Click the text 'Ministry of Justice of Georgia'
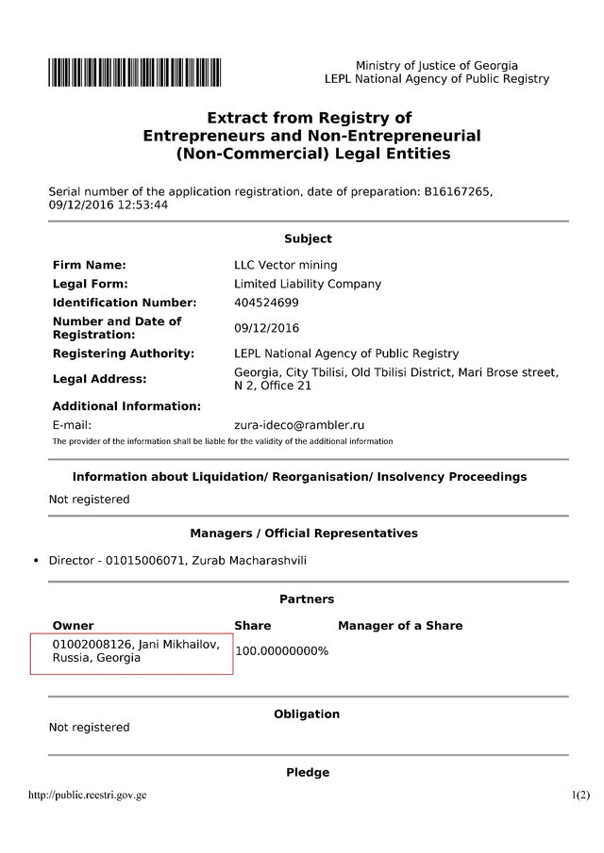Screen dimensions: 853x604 coord(437,65)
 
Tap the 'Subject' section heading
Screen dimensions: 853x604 coord(308,239)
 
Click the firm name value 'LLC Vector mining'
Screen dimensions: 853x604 coord(285,266)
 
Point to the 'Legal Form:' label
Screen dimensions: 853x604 coord(91,284)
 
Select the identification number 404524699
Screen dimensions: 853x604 coord(266,303)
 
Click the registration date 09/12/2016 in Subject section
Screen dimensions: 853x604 coord(266,328)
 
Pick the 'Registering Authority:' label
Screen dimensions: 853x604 coord(124,353)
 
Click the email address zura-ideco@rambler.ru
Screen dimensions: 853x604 coord(299,425)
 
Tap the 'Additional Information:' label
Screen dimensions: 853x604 coord(127,406)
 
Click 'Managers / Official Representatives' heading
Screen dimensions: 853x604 coord(304,533)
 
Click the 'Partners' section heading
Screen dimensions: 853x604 coord(307,599)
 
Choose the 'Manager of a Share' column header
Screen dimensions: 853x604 coord(400,626)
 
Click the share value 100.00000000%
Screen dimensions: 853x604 coord(281,651)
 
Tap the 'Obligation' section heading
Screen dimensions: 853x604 coord(307,714)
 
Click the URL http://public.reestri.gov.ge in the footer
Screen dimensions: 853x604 coord(89,795)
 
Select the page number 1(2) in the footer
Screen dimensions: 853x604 coord(580,795)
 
